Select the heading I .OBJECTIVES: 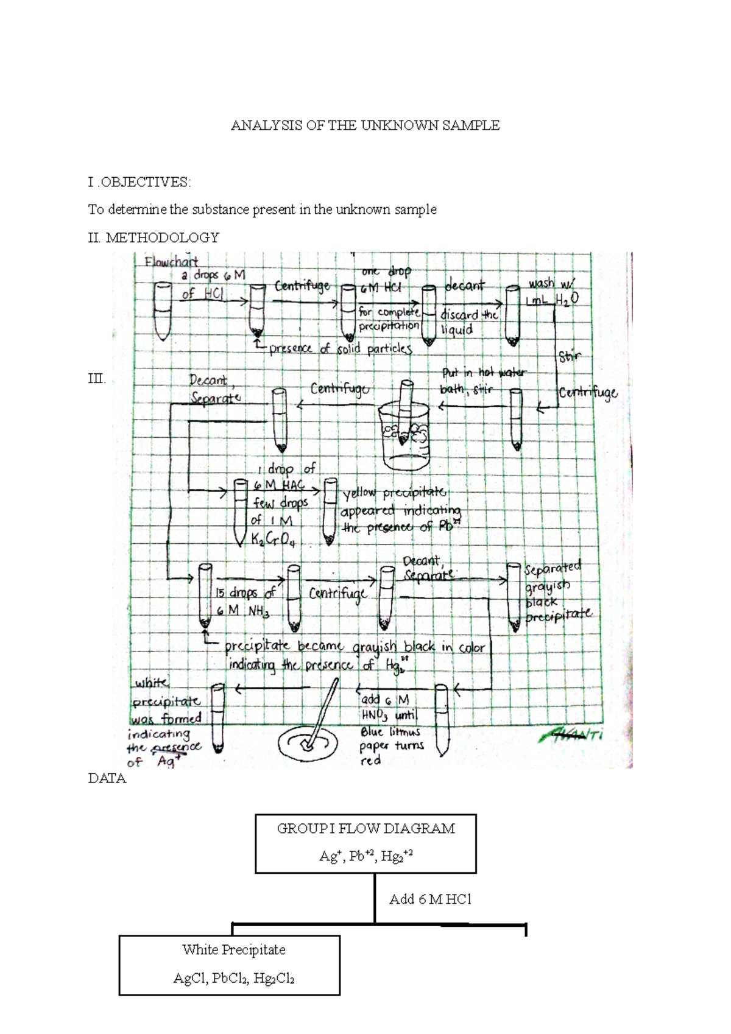tap(139, 182)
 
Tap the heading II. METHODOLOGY tap(154, 237)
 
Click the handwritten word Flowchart tap(171, 262)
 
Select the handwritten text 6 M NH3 tap(242, 611)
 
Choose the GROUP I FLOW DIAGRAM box tap(365, 843)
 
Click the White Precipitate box tap(229, 965)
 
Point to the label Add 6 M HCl tap(430, 899)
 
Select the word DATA tap(107, 778)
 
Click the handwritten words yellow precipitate tap(394, 493)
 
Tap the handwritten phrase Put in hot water tap(484, 372)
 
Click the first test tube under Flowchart tap(162, 311)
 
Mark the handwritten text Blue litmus tap(390, 731)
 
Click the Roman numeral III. tap(97, 379)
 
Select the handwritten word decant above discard tap(464, 286)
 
